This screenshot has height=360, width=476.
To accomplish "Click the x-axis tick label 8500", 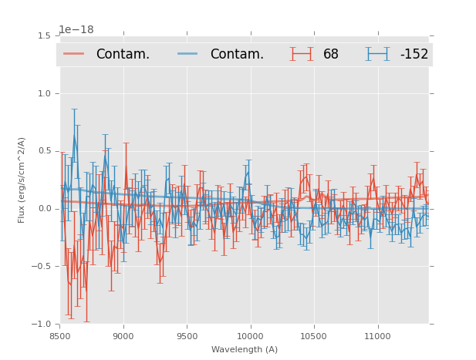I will pos(60,336).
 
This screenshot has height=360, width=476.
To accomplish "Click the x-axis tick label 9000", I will pos(123,336).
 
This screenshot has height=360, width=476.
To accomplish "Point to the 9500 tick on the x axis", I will pos(187,336).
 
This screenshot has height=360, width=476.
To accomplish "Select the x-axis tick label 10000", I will pos(250,336).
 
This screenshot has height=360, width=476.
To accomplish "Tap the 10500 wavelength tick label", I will pos(313,336).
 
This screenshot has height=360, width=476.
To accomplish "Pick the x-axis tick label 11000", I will pos(377,336).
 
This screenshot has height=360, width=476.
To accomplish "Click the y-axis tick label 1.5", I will pos(44,35).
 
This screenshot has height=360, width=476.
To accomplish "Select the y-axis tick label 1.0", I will pos(44,93).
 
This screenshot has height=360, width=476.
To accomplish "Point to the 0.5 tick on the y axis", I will pos(44,151).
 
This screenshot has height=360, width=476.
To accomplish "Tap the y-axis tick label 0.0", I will pos(44,209).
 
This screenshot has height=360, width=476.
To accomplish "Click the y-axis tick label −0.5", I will pos(42,267).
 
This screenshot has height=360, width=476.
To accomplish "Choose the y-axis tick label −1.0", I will pos(42,325).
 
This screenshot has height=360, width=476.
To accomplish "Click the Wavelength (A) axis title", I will pos(245,350).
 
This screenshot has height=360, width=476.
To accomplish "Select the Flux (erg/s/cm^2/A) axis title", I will pos(22,180).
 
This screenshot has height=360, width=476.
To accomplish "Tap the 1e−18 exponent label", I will pos(76,29).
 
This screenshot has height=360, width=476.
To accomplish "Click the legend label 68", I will pos(331,54).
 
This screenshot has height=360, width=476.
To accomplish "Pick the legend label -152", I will pos(414,54).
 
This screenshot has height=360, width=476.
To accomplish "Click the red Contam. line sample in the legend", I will pos(74,54).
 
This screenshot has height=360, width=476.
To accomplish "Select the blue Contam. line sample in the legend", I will pos(188,54).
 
